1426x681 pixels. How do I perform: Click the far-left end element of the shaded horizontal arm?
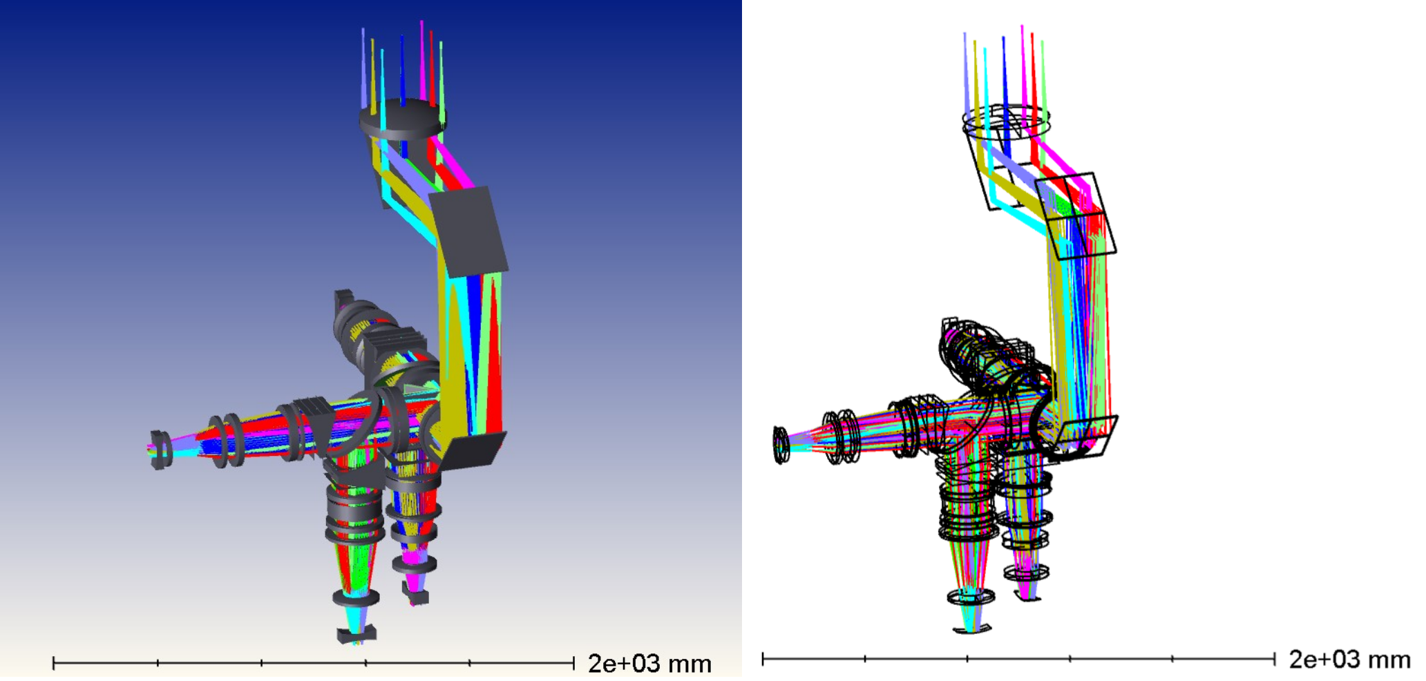pos(160,450)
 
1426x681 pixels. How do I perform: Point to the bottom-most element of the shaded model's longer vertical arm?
pos(356,633)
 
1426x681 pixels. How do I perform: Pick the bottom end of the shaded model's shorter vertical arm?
pos(415,595)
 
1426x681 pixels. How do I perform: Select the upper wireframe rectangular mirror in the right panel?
pos(1076,215)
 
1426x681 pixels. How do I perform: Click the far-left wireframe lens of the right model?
pos(780,444)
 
